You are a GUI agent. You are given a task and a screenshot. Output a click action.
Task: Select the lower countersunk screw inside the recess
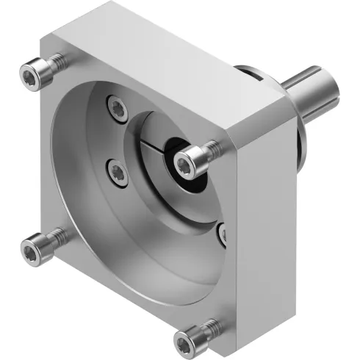[x=116, y=172]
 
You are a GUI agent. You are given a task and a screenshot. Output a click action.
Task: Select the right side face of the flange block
[x=264, y=220]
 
